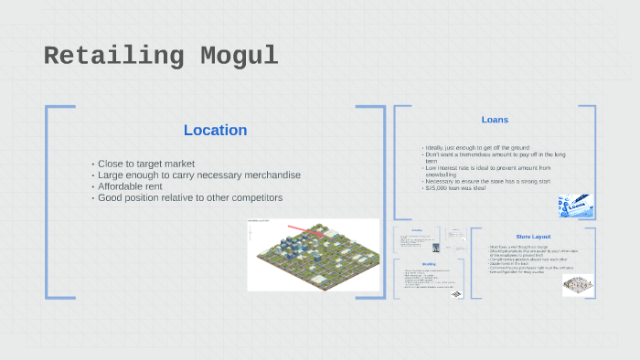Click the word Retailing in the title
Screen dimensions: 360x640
click(x=110, y=57)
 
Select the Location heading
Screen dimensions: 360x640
click(x=215, y=130)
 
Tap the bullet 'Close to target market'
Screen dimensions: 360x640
click(x=145, y=164)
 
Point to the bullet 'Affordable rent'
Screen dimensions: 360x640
click(x=131, y=186)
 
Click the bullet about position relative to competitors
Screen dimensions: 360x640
click(x=190, y=197)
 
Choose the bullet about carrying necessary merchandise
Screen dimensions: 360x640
click(x=198, y=175)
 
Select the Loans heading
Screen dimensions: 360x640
click(x=495, y=120)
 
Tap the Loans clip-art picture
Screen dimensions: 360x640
click(x=576, y=205)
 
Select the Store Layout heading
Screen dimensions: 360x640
click(x=533, y=237)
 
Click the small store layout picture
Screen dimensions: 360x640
click(x=577, y=284)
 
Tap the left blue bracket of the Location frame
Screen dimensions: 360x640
click(x=48, y=201)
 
